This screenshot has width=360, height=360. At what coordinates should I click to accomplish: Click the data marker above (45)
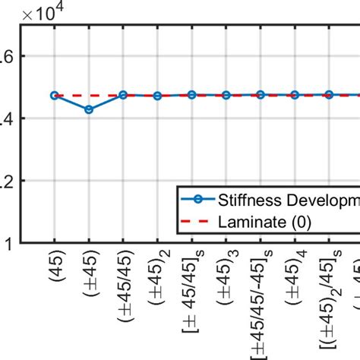(x=55, y=96)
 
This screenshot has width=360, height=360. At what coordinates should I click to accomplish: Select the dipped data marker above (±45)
(x=89, y=109)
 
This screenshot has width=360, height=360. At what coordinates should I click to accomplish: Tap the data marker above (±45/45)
(x=123, y=95)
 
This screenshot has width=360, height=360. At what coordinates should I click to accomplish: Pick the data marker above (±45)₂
(x=157, y=96)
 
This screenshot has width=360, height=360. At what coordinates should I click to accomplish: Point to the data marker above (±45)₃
(x=226, y=95)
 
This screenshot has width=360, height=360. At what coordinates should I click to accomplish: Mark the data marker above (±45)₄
(x=295, y=95)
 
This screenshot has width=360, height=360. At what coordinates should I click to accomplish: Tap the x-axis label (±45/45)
(x=123, y=286)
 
